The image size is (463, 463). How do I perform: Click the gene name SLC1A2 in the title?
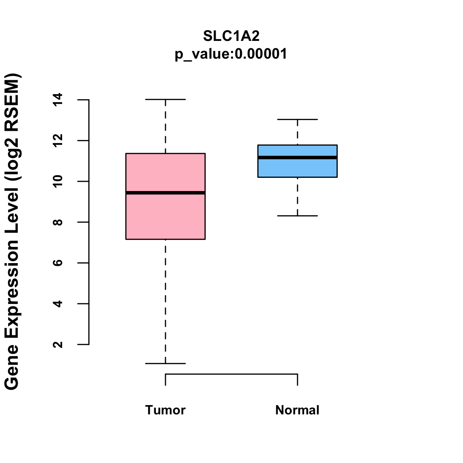pos(231,36)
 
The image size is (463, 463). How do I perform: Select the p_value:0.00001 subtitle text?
pos(231,54)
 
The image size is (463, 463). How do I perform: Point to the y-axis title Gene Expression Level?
pos(12,231)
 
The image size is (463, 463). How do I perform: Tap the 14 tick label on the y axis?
pos(58,100)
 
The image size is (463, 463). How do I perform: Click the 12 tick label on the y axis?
pos(58,140)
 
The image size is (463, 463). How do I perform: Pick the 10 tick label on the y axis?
pos(58,181)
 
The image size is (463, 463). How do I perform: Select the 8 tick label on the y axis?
pos(58,222)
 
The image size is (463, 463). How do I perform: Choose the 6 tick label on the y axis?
pos(58,263)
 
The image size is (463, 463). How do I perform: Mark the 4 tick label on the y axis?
pos(58,304)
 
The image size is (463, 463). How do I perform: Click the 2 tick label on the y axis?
pos(58,344)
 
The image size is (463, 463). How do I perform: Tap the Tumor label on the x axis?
pos(165,410)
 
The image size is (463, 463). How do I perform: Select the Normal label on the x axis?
pos(297,410)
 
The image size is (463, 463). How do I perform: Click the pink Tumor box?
pos(165,216)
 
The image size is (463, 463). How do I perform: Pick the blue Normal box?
pos(297,168)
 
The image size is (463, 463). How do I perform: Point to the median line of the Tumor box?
pos(165,193)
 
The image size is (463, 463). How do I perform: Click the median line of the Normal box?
pos(297,157)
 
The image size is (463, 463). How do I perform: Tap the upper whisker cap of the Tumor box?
pos(165,100)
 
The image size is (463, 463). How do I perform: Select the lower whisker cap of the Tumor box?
pos(165,363)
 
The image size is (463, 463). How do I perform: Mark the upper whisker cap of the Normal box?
pos(297,120)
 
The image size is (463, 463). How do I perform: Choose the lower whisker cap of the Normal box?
pos(297,216)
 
